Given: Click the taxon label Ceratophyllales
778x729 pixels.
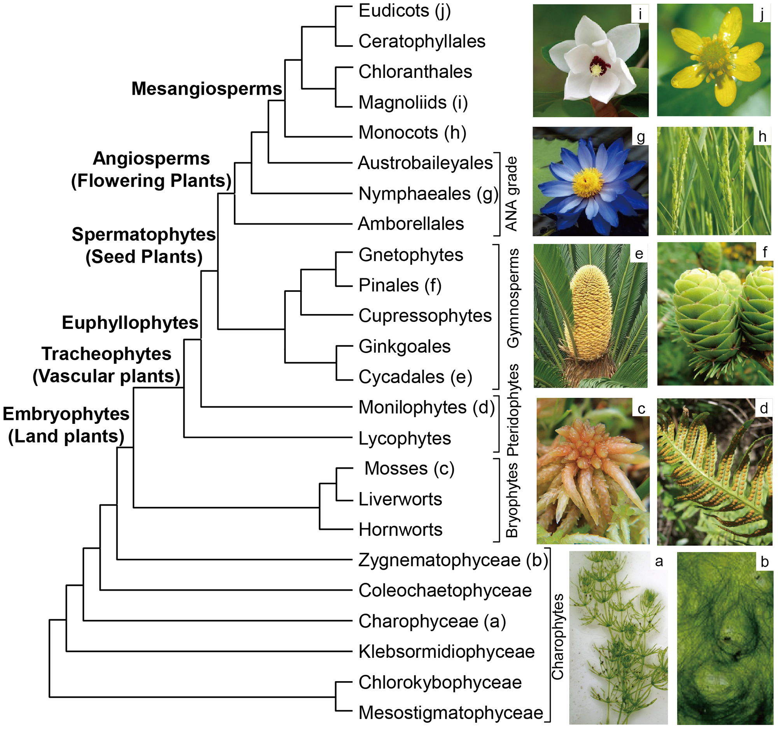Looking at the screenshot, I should click(x=422, y=41).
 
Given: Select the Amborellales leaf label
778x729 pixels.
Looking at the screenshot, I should click(x=411, y=224).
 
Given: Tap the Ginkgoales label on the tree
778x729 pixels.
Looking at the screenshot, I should click(x=404, y=346).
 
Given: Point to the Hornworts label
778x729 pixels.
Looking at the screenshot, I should click(x=400, y=530).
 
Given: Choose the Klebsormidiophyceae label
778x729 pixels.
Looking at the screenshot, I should click(x=447, y=652).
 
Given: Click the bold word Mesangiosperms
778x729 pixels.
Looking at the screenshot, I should click(x=207, y=89).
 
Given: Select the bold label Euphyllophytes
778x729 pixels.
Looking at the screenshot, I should click(x=130, y=323).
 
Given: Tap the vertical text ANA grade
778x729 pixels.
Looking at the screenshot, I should click(x=511, y=194).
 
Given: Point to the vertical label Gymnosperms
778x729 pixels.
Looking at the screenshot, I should click(x=513, y=299).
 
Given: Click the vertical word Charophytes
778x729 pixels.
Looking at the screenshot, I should click(x=557, y=637).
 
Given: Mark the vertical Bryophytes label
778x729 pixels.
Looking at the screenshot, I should click(x=512, y=501).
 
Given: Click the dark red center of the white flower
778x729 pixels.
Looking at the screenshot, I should click(x=598, y=66).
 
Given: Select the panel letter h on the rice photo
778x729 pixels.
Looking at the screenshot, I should click(x=762, y=137).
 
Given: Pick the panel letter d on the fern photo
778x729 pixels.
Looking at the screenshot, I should click(x=764, y=408).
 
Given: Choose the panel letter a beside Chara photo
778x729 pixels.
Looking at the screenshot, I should click(x=659, y=561).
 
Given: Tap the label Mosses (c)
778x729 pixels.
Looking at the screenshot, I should click(x=409, y=469).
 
